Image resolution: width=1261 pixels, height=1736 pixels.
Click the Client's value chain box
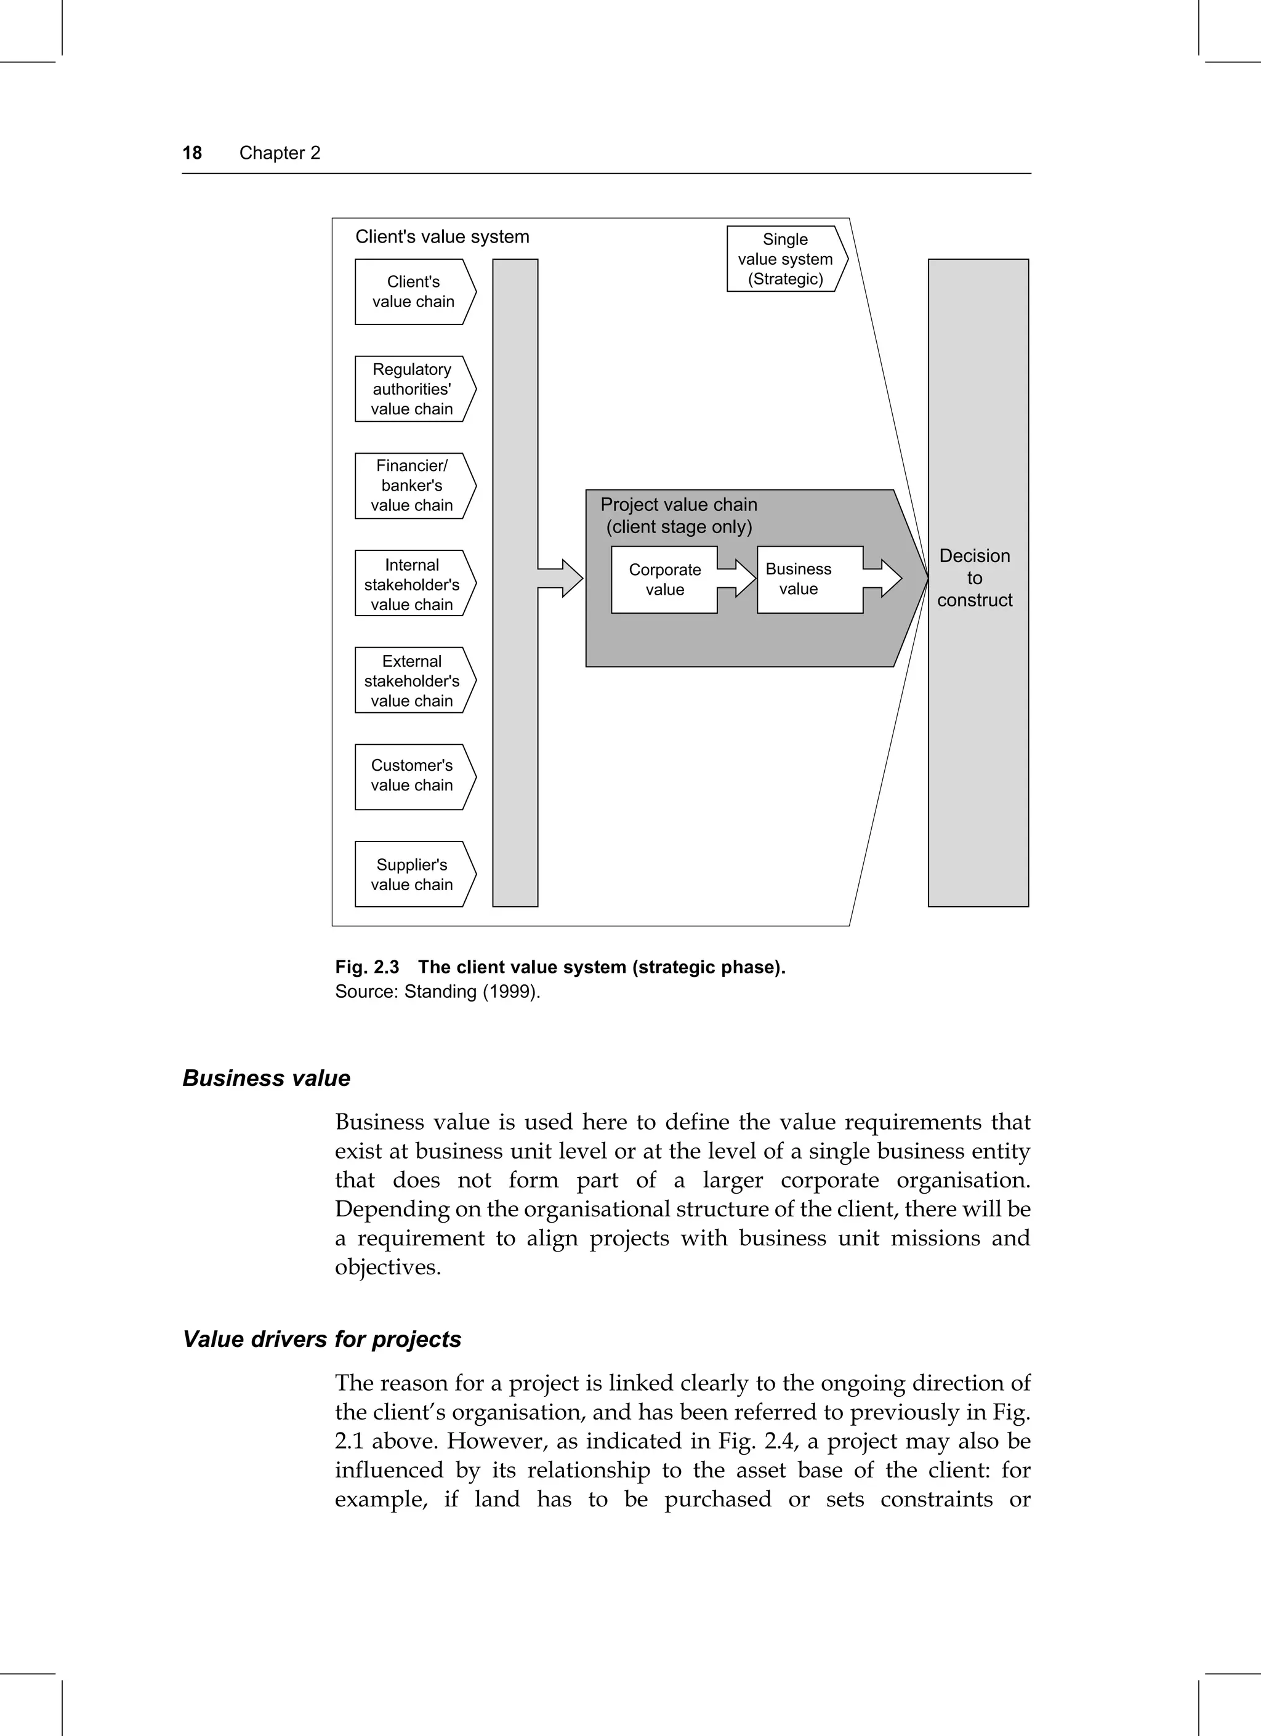[413, 292]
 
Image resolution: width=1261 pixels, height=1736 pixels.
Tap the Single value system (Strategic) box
[786, 259]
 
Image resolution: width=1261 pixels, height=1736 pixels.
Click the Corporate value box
[664, 579]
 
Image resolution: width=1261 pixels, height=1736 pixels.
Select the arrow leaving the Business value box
[885, 578]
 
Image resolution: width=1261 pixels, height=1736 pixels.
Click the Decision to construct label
[975, 578]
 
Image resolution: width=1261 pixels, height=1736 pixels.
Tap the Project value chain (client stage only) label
[679, 515]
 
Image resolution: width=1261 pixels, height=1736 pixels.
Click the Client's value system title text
[441, 236]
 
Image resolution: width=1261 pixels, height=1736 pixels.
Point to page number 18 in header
[192, 153]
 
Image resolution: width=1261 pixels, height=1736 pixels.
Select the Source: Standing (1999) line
[437, 991]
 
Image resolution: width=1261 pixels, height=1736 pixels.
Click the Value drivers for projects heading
[321, 1339]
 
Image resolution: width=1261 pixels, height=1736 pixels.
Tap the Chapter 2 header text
[280, 153]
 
